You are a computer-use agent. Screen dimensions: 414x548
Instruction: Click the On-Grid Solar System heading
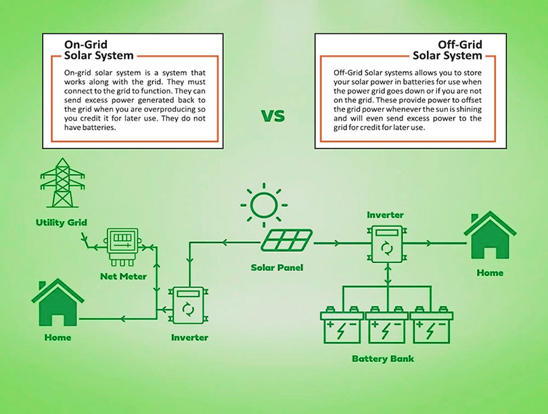point(98,49)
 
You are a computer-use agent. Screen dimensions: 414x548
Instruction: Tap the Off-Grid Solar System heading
point(447,49)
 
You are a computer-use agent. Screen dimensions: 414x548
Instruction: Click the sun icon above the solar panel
point(263,204)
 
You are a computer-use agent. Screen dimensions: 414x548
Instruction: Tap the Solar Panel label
point(277,268)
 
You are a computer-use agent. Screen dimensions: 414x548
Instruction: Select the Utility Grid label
point(62,222)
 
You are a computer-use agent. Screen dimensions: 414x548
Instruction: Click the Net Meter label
point(118,276)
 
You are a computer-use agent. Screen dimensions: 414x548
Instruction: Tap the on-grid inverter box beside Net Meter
point(189,305)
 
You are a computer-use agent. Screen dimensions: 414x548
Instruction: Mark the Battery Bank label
point(383,358)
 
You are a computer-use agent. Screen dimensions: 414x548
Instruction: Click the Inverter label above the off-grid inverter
point(385,215)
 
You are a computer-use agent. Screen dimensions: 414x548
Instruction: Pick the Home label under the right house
point(489,272)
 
